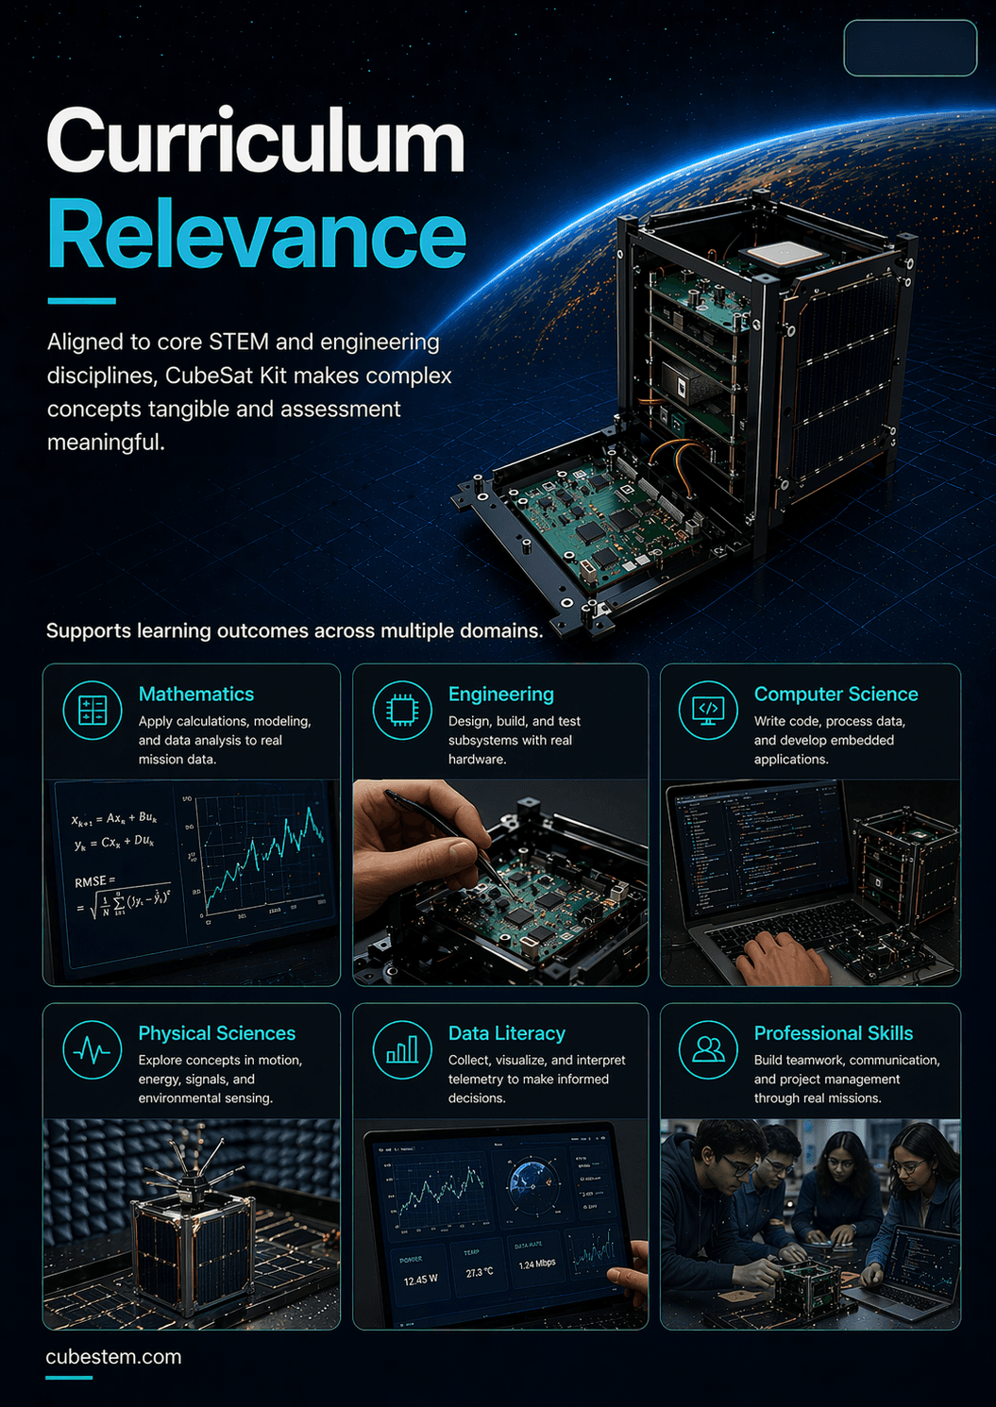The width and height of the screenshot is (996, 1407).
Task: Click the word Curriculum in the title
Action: [x=255, y=142]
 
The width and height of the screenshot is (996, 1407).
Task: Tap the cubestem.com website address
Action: [x=113, y=1357]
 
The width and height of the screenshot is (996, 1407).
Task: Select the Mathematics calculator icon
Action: [x=93, y=711]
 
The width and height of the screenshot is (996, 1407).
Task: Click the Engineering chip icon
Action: [x=402, y=711]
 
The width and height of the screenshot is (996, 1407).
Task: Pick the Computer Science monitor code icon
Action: [x=708, y=711]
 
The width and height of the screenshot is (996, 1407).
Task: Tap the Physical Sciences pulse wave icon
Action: [x=93, y=1050]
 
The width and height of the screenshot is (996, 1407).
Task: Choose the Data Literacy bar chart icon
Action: [x=402, y=1050]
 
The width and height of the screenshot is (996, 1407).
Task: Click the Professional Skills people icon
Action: [x=708, y=1050]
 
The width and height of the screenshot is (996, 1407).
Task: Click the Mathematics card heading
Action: [x=196, y=695]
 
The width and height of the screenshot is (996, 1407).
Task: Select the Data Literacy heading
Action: [x=507, y=1034]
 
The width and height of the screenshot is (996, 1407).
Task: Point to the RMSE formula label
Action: [x=93, y=881]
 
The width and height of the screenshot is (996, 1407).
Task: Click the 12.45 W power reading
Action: [x=421, y=1281]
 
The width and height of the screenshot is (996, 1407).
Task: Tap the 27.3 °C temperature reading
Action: [x=480, y=1273]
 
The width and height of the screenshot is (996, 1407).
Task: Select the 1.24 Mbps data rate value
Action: [x=537, y=1264]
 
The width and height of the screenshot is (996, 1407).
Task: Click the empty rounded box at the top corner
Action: [x=909, y=48]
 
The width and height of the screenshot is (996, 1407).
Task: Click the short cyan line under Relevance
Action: [x=81, y=301]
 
